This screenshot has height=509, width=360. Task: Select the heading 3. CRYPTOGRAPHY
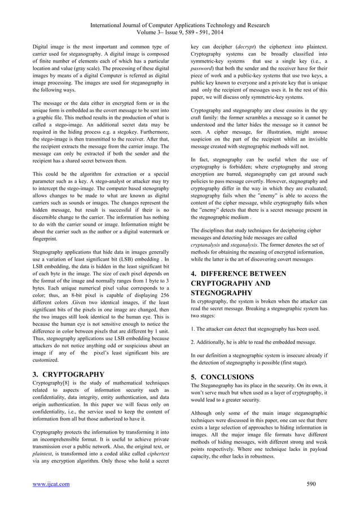coord(69,374)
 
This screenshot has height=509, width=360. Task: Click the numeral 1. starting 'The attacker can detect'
coord(194,328)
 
